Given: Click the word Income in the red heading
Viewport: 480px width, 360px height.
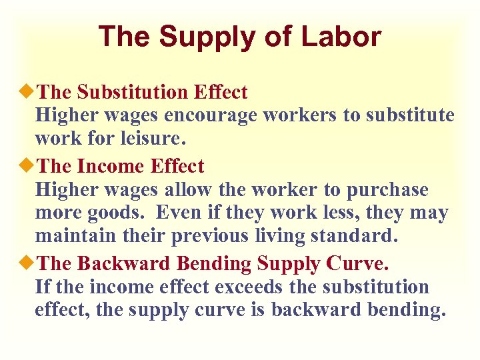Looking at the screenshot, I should (x=111, y=165).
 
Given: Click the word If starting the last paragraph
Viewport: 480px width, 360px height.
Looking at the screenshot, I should (x=43, y=287).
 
